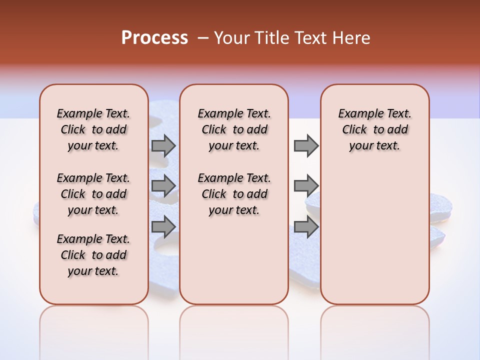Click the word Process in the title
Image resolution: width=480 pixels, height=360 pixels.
pyautogui.click(x=154, y=38)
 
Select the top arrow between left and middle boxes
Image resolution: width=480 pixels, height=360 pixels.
pyautogui.click(x=163, y=145)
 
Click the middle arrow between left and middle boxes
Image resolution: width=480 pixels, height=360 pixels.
pyautogui.click(x=163, y=186)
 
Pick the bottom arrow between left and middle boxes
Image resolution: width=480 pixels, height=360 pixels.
pyautogui.click(x=163, y=226)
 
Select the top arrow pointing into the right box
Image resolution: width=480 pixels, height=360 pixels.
pyautogui.click(x=306, y=145)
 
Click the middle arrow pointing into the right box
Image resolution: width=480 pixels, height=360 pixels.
pyautogui.click(x=306, y=186)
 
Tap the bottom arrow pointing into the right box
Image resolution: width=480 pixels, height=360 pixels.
pyautogui.click(x=306, y=226)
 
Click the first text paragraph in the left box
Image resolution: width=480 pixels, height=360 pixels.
pyautogui.click(x=93, y=129)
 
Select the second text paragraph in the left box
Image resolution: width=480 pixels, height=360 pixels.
pyautogui.click(x=93, y=194)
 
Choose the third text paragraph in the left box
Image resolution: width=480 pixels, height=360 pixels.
pyautogui.click(x=93, y=255)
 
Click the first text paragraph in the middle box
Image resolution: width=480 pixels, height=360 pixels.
pyautogui.click(x=234, y=129)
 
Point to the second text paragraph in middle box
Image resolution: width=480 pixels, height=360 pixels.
pyautogui.click(x=234, y=194)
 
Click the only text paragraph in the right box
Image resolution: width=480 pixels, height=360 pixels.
pyautogui.click(x=374, y=129)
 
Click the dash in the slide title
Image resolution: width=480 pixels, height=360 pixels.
pyautogui.click(x=203, y=38)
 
